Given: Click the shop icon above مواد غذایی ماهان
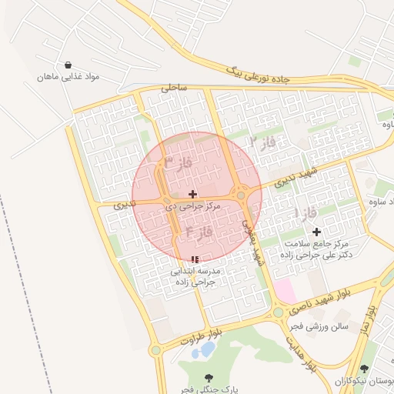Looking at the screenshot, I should click(70, 65).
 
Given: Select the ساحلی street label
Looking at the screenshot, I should click(175, 88).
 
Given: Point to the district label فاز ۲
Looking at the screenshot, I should click(262, 142).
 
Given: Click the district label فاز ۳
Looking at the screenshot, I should click(178, 163).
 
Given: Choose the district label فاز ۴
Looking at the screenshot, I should click(199, 231).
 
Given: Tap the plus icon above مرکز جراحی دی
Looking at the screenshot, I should click(192, 194).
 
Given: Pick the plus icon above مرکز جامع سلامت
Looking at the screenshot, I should click(316, 232).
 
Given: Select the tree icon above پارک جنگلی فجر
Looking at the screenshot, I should click(209, 378).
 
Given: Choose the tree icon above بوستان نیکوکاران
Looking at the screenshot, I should click(363, 369).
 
